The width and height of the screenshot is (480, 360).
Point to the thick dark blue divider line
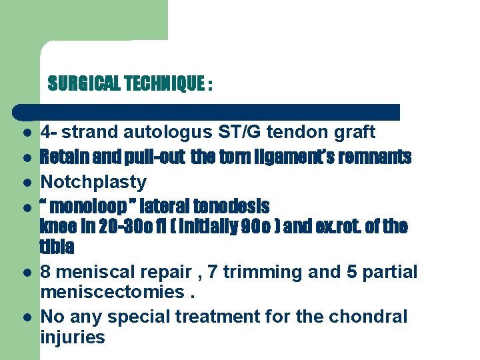[207, 112]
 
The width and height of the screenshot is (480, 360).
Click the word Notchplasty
[93, 181]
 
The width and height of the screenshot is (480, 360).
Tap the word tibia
[57, 247]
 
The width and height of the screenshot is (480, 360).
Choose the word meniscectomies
[111, 291]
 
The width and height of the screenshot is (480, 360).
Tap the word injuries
[73, 337]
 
